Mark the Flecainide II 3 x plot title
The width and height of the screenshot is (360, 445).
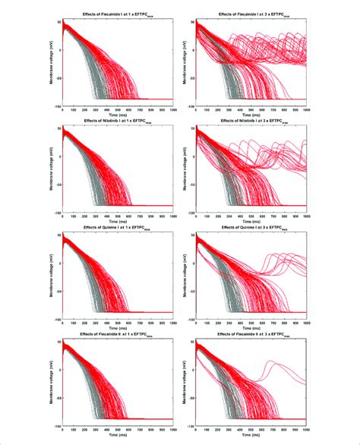click(251, 339)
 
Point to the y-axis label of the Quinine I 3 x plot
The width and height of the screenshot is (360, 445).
click(185, 276)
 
